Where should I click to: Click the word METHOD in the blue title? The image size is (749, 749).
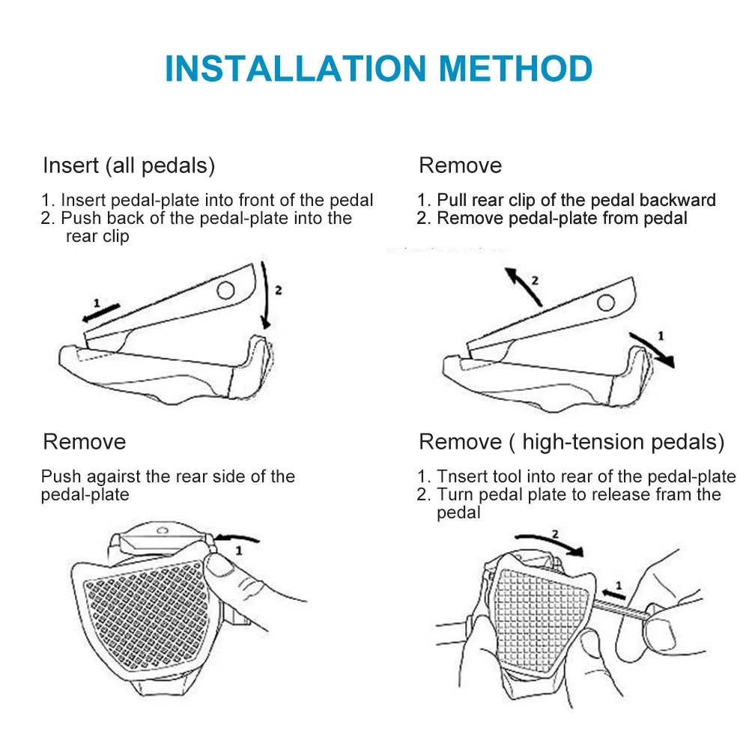coord(515,69)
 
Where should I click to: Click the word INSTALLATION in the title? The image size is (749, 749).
coord(296,69)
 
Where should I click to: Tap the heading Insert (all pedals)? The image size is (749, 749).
coord(129,166)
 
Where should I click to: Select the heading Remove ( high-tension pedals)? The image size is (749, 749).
coord(571,443)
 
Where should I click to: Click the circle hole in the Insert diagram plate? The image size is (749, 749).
coord(225,290)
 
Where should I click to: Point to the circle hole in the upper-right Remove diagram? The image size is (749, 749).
coord(606,303)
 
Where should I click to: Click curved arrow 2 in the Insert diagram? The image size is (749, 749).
coord(267,294)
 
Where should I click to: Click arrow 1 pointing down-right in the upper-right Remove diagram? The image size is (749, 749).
coord(652,350)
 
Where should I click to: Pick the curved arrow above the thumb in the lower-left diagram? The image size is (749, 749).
coord(236,539)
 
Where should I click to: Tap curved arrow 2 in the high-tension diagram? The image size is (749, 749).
coord(549,542)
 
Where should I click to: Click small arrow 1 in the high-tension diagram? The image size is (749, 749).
coord(614,595)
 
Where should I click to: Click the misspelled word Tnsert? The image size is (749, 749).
coord(462,476)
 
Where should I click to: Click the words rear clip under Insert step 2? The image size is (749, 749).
coord(97,237)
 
